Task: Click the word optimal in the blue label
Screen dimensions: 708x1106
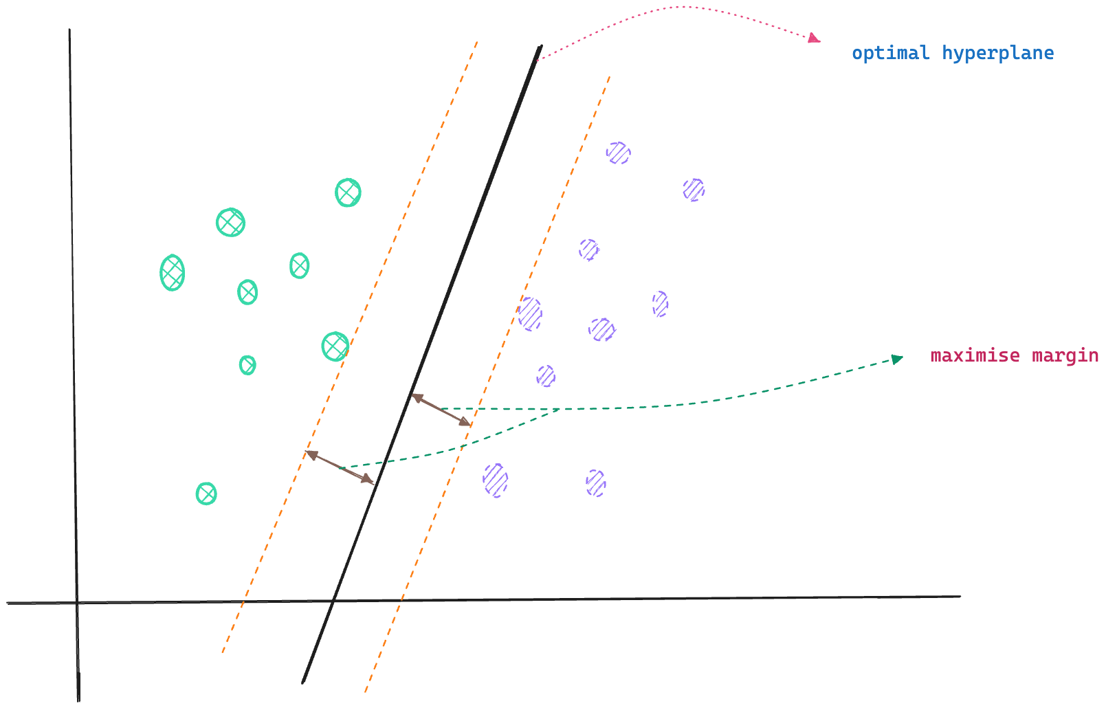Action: [x=891, y=54]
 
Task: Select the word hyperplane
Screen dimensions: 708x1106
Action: [x=997, y=54]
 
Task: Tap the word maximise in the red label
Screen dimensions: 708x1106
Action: [x=974, y=355]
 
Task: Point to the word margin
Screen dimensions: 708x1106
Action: [x=1065, y=356]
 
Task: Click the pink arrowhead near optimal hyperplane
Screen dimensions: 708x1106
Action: [x=815, y=38]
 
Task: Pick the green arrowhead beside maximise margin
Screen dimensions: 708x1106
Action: [x=897, y=359]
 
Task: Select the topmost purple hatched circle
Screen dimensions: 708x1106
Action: [x=618, y=153]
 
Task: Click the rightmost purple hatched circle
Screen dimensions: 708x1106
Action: [x=694, y=190]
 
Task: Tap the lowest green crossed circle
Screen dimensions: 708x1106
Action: [x=206, y=494]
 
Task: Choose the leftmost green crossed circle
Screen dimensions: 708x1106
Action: [x=172, y=273]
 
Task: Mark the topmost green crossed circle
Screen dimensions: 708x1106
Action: [x=348, y=192]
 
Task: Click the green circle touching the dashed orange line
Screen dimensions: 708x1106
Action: [x=335, y=346]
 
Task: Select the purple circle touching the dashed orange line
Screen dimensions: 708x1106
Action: [x=530, y=314]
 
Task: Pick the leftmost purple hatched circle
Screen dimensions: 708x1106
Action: [x=495, y=480]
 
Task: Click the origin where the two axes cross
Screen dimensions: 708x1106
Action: [x=77, y=603]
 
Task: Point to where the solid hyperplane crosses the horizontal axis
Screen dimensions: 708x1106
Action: [x=333, y=601]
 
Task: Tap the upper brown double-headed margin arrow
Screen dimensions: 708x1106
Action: [x=441, y=410]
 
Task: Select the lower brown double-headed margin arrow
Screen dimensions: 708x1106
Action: [x=341, y=468]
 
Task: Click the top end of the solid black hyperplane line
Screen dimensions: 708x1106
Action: [x=540, y=47]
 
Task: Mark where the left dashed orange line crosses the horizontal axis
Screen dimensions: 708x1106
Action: [x=243, y=602]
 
